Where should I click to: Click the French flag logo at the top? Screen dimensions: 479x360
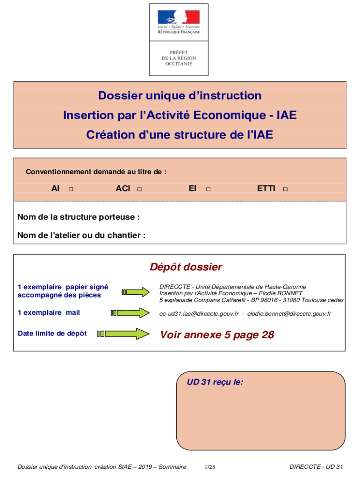pyautogui.click(x=179, y=17)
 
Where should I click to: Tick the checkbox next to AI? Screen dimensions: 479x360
pyautogui.click(x=71, y=189)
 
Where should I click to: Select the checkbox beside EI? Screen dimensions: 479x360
pyautogui.click(x=208, y=189)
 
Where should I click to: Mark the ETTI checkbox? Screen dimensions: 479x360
pyautogui.click(x=285, y=189)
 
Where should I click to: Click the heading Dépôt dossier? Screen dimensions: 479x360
pyautogui.click(x=186, y=267)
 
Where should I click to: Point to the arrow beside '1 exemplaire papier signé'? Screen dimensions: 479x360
pyautogui.click(x=139, y=292)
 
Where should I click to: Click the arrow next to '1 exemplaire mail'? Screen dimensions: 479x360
pyautogui.click(x=129, y=312)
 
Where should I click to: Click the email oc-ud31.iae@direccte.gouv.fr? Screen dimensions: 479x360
pyautogui.click(x=199, y=314)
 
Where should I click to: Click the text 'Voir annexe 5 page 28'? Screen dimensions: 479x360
pyautogui.click(x=217, y=335)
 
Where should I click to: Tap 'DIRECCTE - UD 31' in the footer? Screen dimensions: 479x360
pyautogui.click(x=316, y=467)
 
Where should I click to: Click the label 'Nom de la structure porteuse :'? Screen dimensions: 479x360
pyautogui.click(x=79, y=217)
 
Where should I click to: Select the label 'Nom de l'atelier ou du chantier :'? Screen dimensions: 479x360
pyautogui.click(x=81, y=235)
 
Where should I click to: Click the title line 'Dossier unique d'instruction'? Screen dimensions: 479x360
pyautogui.click(x=180, y=96)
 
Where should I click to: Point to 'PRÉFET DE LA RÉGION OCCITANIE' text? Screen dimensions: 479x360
pyautogui.click(x=179, y=58)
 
